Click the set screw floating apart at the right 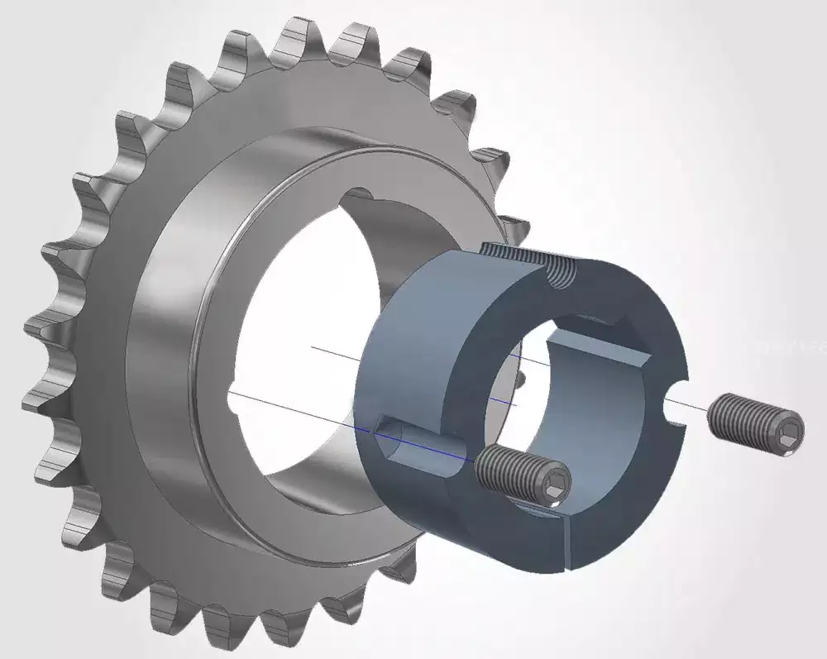(756, 424)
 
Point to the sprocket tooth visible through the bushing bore (519, 380)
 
